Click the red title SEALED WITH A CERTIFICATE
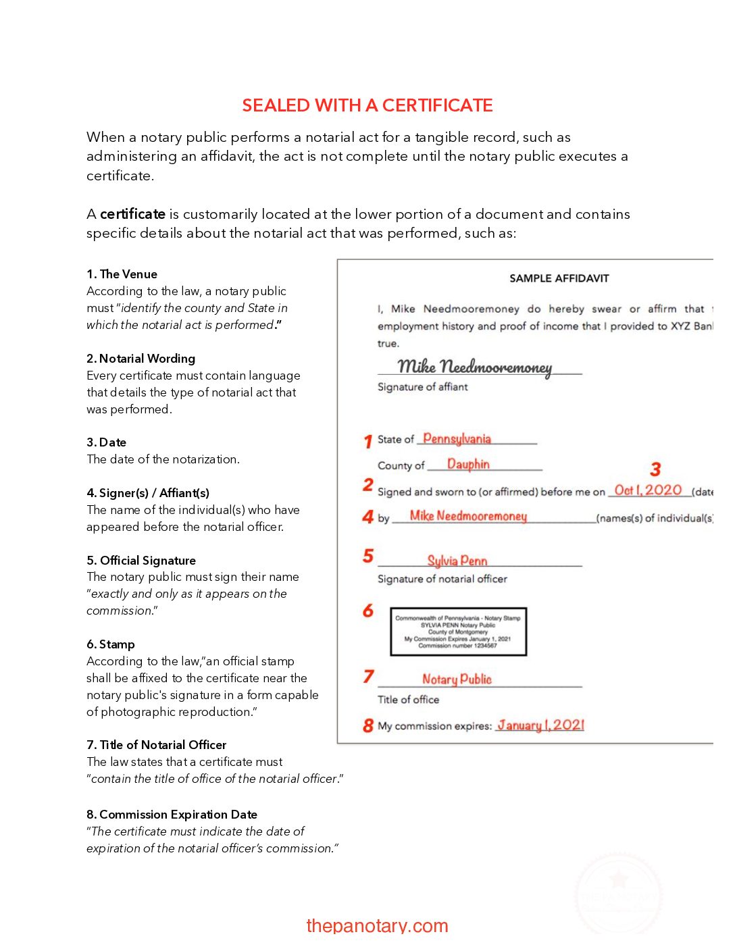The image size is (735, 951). tap(367, 105)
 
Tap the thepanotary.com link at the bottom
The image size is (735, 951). tap(377, 925)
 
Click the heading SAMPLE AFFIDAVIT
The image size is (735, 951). tap(559, 278)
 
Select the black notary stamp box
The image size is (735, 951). tap(458, 632)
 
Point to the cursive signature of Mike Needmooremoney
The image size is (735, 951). tap(474, 367)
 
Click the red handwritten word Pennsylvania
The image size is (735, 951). tap(457, 439)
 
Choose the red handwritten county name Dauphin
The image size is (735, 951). tap(468, 465)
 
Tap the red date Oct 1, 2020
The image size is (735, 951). tap(648, 490)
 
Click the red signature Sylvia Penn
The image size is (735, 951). tap(457, 561)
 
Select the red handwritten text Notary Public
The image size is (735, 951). tap(457, 679)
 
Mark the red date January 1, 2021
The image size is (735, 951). tap(540, 725)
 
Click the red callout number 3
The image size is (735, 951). tap(655, 469)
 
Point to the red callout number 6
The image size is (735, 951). tap(367, 611)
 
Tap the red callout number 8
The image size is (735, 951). tap(367, 725)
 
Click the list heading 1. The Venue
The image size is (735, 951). tap(122, 274)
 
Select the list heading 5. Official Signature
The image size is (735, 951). tap(141, 561)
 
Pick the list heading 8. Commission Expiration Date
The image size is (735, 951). tap(172, 815)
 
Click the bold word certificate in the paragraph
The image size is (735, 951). tap(132, 214)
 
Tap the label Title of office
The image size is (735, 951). tap(408, 700)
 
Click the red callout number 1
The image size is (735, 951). tap(367, 441)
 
